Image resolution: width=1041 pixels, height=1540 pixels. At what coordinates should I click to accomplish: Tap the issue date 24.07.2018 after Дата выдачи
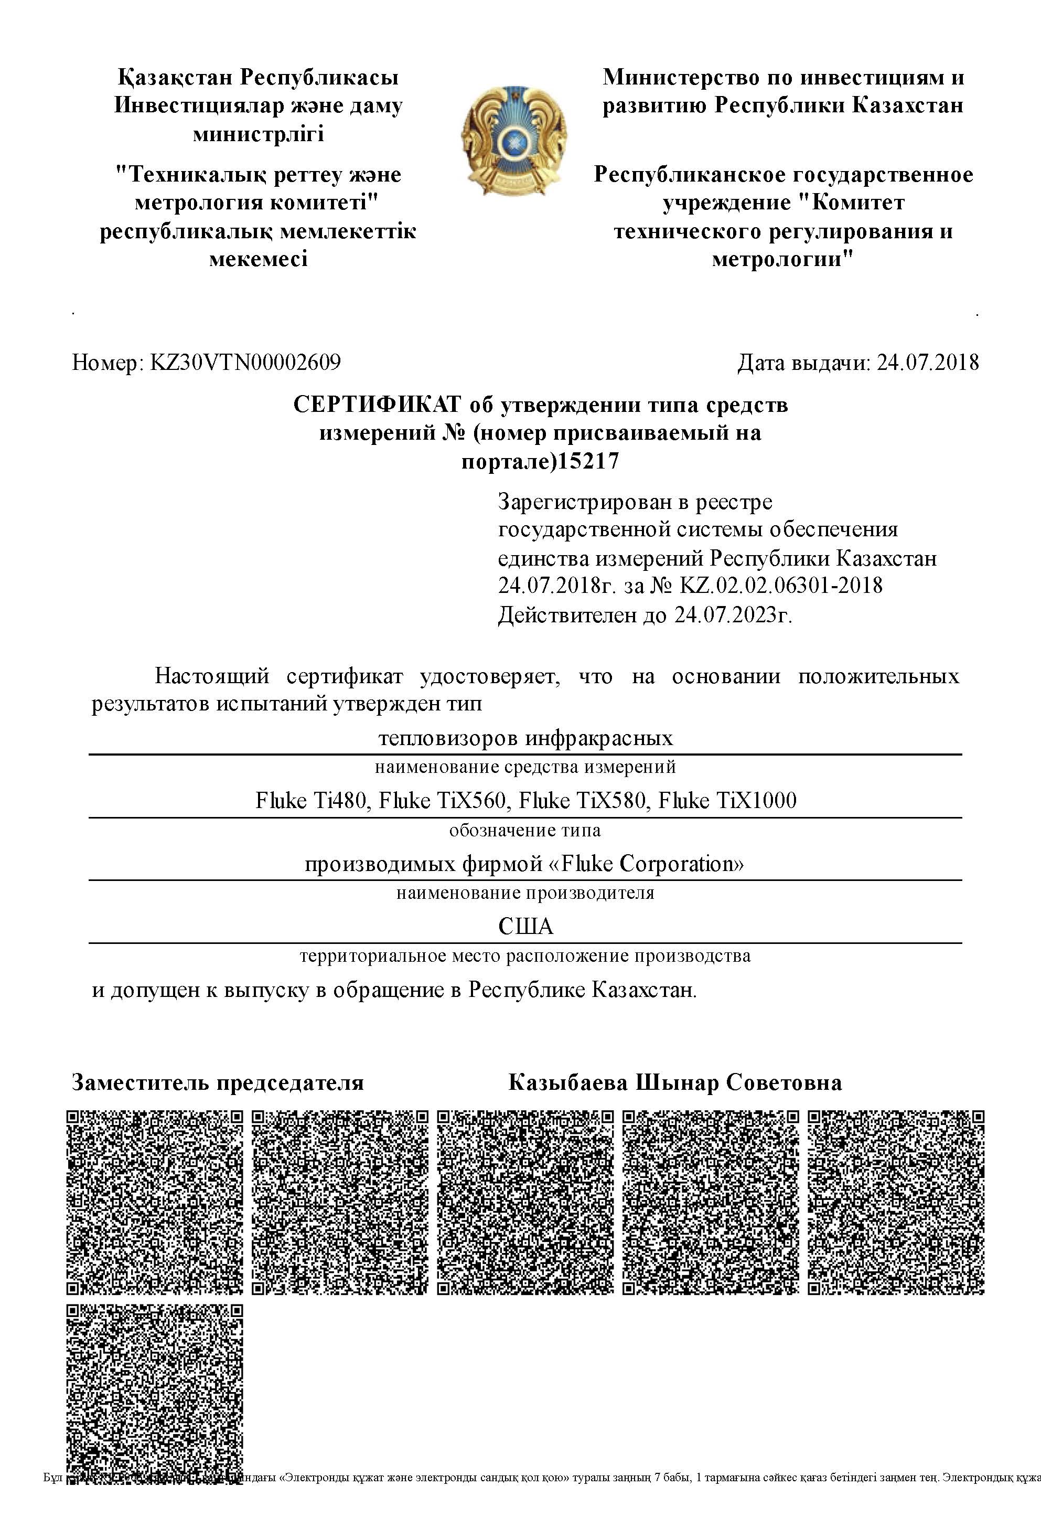pos(928,363)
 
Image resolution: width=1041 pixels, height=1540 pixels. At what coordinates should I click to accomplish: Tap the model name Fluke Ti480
pos(310,801)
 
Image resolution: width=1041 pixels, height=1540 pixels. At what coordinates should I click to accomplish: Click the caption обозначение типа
pos(525,830)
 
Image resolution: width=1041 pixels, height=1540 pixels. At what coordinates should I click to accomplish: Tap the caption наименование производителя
pos(525,893)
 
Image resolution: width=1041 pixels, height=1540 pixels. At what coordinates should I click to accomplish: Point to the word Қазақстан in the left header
pos(176,78)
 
